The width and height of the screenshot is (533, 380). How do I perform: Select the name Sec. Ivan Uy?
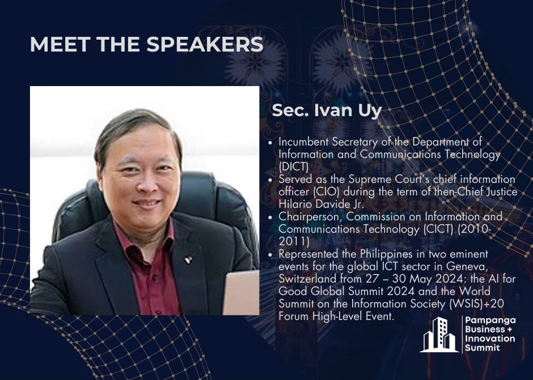tap(327, 110)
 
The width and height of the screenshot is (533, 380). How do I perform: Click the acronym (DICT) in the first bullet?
tap(293, 166)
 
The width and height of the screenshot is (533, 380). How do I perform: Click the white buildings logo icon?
tap(439, 335)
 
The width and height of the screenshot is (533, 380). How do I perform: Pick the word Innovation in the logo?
tap(490, 339)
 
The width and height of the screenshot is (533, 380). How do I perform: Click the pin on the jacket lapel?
tap(188, 260)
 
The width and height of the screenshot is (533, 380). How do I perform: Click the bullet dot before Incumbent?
tap(270, 143)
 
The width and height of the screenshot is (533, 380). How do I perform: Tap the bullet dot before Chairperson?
tap(270, 217)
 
